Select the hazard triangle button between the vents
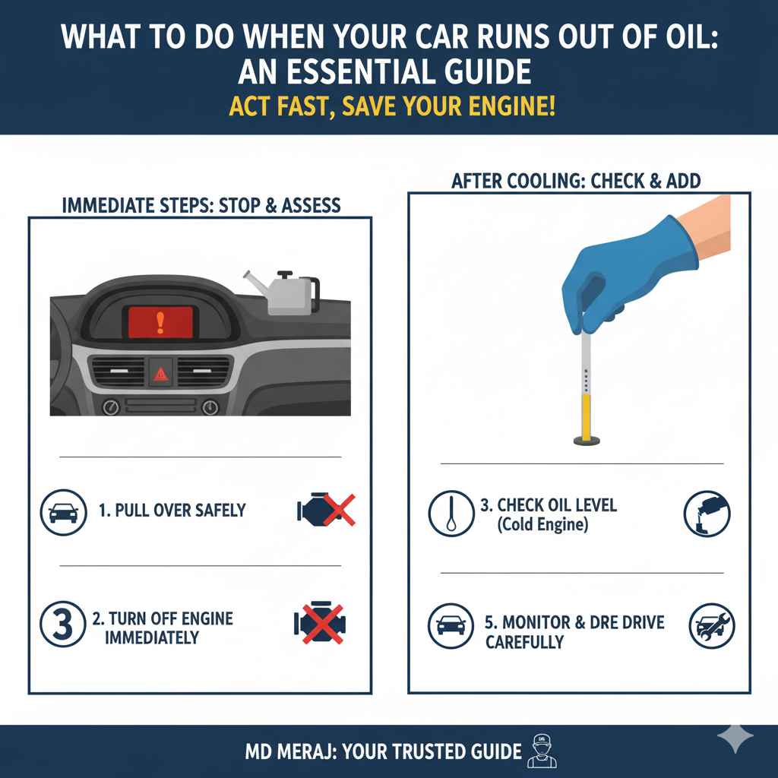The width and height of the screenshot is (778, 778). [x=161, y=372]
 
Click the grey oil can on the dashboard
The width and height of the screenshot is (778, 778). [x=281, y=293]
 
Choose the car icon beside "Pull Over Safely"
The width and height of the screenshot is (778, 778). [x=62, y=511]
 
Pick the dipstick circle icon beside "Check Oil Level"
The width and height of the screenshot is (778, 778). [x=451, y=513]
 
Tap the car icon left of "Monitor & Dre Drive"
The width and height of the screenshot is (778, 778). [x=451, y=627]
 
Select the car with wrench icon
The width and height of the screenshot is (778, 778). [x=710, y=627]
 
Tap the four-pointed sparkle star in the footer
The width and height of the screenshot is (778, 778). [x=735, y=737]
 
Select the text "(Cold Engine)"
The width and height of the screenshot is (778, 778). [x=542, y=524]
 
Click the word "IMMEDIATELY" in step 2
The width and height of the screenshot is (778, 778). [x=152, y=637]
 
